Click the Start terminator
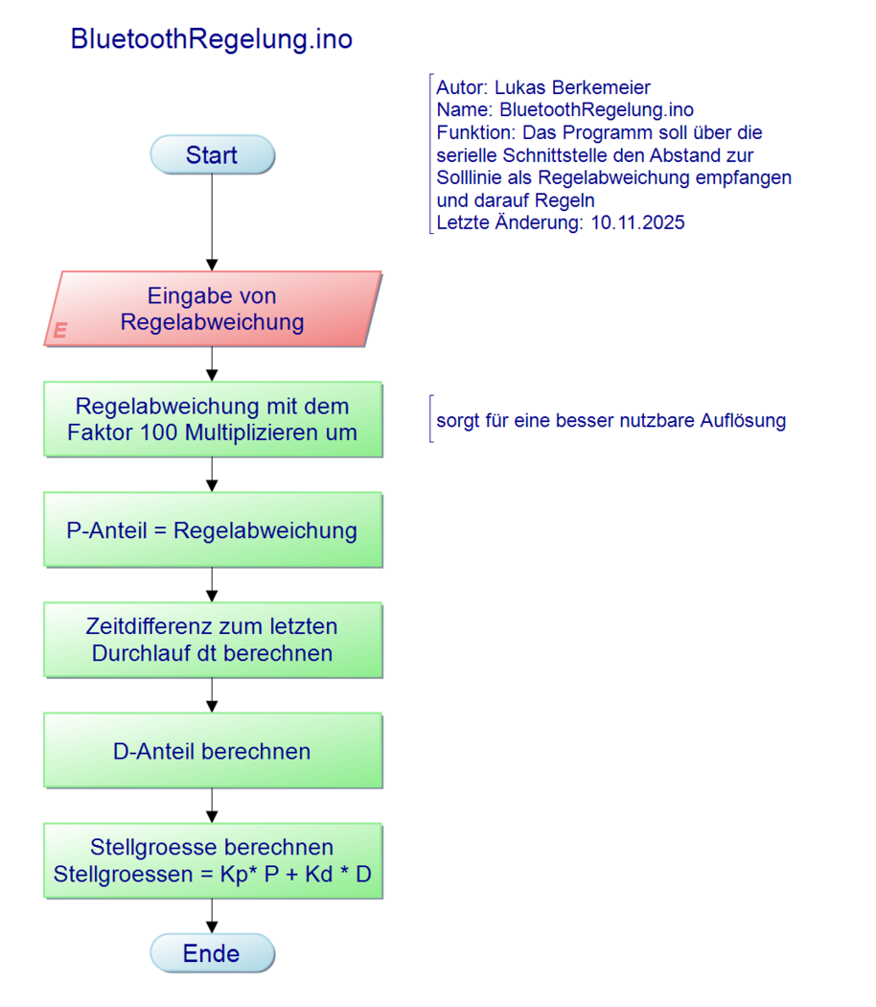212,155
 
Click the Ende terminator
212,954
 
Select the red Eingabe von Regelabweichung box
213,309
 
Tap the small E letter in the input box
60,331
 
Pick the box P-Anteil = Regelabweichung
213,530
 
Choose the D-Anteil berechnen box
213,751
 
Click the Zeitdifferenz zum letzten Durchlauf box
213,640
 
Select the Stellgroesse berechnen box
213,860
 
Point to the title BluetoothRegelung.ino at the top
212,39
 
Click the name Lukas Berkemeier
572,88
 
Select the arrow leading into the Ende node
213,917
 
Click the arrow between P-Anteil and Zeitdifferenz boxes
213,585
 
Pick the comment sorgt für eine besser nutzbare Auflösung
611,420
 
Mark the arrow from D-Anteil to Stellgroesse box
213,806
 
